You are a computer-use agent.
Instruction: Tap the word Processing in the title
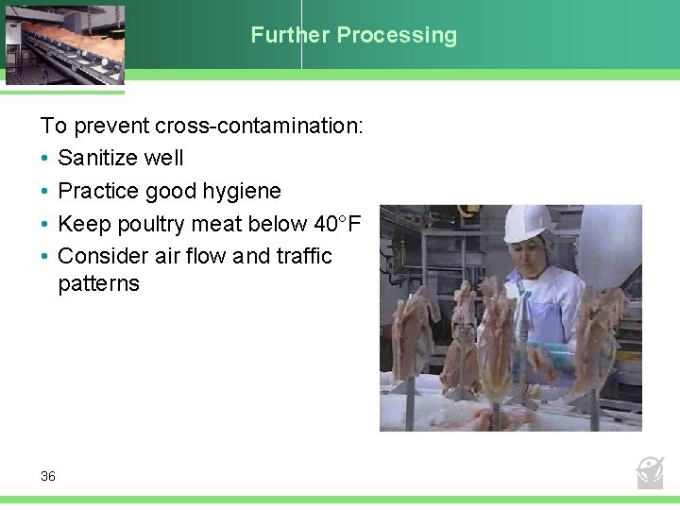[x=397, y=36]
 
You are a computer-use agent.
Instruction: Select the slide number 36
[x=48, y=476]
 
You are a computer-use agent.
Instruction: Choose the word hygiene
[x=241, y=191]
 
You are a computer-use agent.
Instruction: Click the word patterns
[x=98, y=283]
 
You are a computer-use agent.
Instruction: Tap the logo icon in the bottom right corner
[x=650, y=471]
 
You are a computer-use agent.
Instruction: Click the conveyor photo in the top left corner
[x=62, y=43]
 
